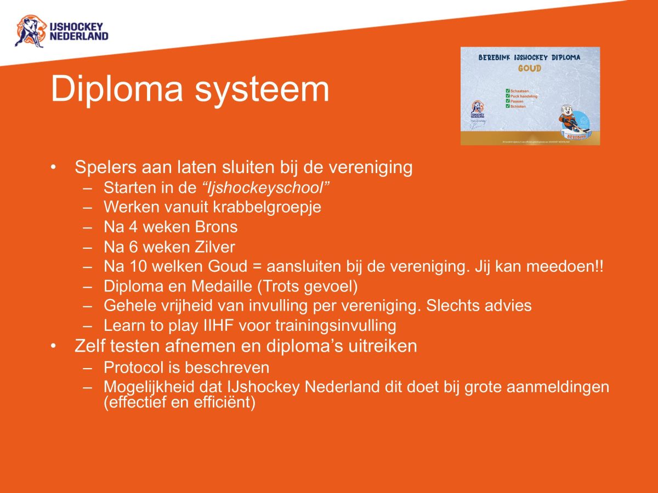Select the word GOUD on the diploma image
pyautogui.click(x=529, y=69)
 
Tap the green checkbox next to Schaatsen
pyautogui.click(x=508, y=91)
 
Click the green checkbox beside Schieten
pyautogui.click(x=508, y=106)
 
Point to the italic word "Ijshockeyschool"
pyautogui.click(x=265, y=188)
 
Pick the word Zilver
pyautogui.click(x=213, y=246)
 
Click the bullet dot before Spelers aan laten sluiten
pyautogui.click(x=54, y=167)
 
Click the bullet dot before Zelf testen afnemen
pyautogui.click(x=54, y=347)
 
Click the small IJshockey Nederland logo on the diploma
pyautogui.click(x=477, y=109)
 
